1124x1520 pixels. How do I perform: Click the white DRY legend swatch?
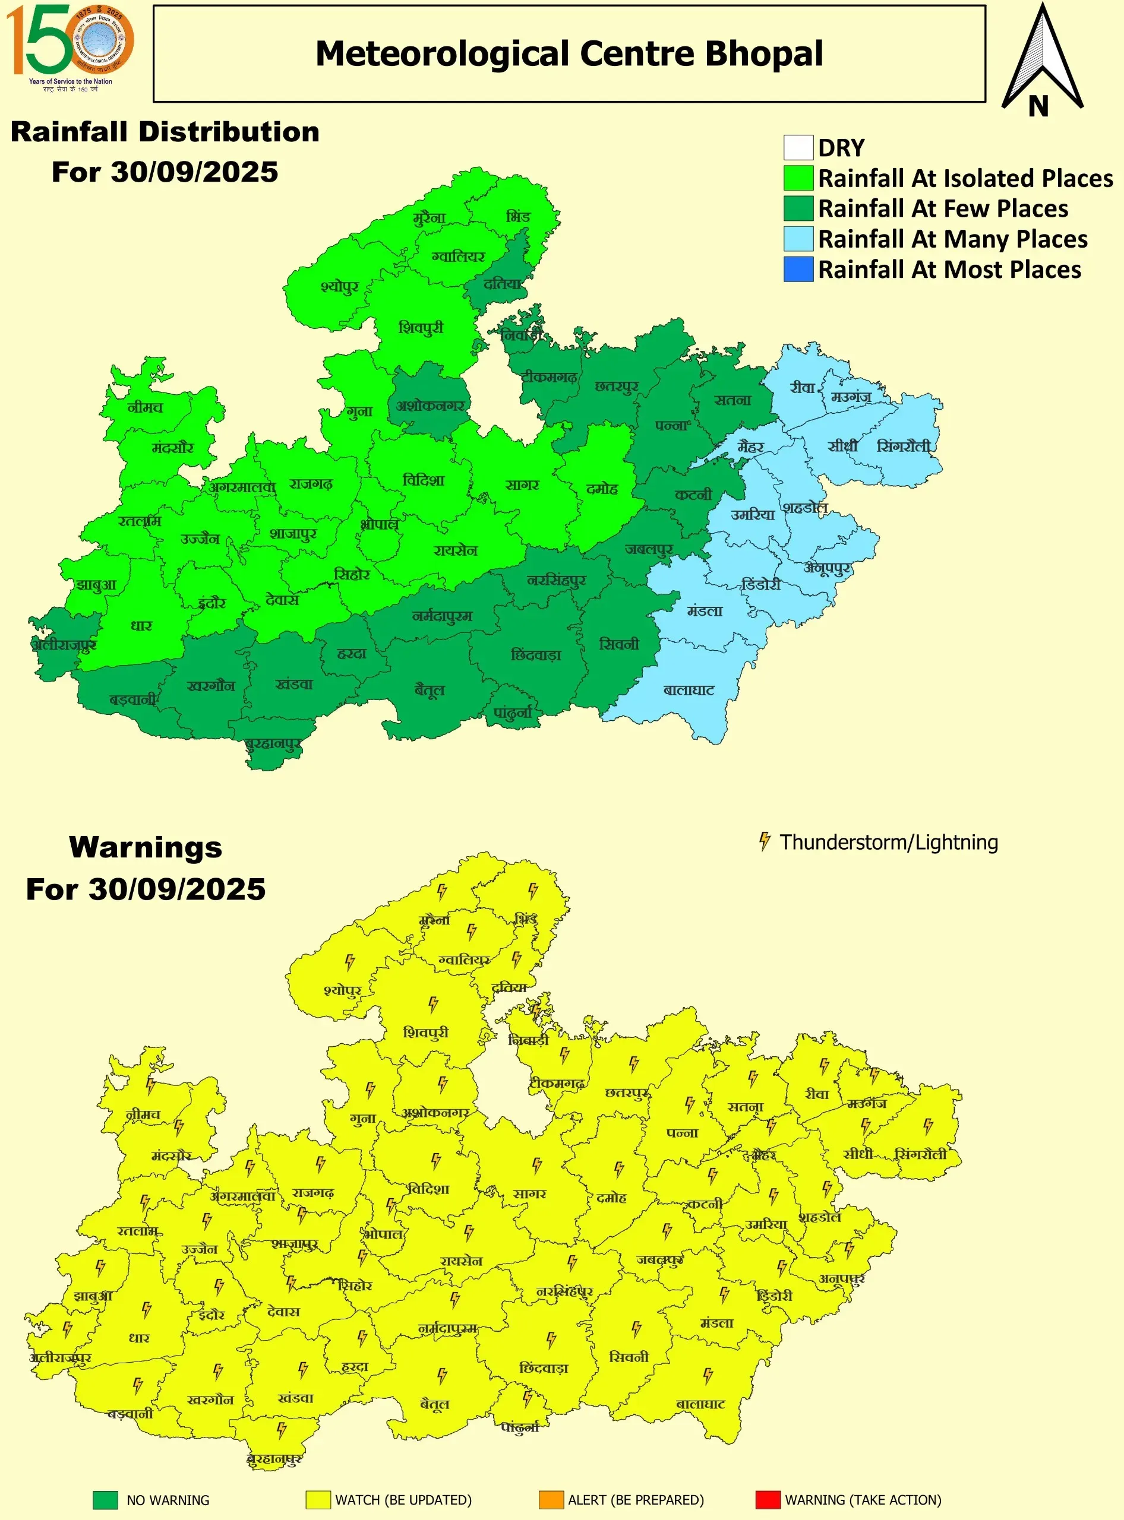click(798, 148)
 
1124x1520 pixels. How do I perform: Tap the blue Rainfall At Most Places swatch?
click(798, 270)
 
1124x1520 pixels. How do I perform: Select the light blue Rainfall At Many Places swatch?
click(798, 239)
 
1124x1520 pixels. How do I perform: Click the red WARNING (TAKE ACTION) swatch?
click(768, 1500)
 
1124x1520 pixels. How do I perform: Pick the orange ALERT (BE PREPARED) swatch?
click(551, 1500)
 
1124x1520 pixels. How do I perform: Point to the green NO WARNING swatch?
click(106, 1500)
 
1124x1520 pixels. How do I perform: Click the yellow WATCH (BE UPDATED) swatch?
click(318, 1500)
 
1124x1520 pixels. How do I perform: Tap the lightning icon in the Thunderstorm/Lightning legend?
click(765, 841)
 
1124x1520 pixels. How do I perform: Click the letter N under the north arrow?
click(1038, 107)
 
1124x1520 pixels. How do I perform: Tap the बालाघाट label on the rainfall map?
click(689, 691)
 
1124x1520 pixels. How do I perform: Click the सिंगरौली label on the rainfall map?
click(904, 446)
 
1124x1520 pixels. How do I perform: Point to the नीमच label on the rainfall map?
click(145, 407)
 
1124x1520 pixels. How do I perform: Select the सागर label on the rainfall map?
click(523, 485)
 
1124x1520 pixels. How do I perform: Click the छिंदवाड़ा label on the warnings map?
click(544, 1367)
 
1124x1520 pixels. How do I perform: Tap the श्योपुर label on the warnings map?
click(342, 990)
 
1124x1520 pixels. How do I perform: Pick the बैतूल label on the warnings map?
click(435, 1404)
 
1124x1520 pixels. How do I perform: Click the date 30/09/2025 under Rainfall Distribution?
click(195, 172)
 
